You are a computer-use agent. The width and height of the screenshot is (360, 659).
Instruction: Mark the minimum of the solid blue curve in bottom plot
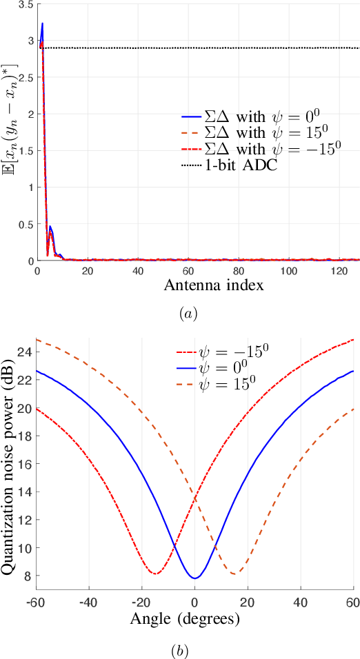195,578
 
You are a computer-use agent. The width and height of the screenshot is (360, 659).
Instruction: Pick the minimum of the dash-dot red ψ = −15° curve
156,574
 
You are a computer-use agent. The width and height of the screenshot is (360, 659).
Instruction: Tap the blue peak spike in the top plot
42,24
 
